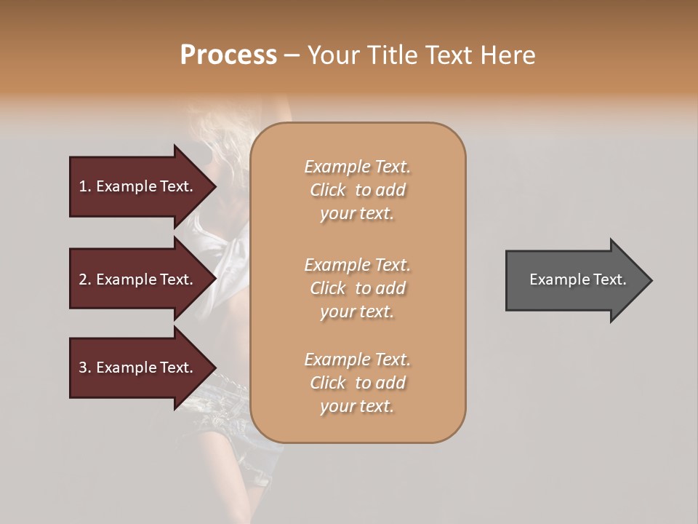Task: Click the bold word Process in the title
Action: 228,55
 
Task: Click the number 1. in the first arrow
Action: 85,186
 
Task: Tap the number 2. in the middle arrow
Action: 85,279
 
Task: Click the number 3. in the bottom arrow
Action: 85,368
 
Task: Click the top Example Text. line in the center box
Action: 357,167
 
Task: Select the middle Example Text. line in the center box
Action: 357,265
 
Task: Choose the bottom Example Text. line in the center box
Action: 357,360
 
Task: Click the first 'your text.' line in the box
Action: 357,214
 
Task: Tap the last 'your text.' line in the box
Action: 357,407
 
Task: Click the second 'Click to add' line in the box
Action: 357,288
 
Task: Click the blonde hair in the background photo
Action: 218,131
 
